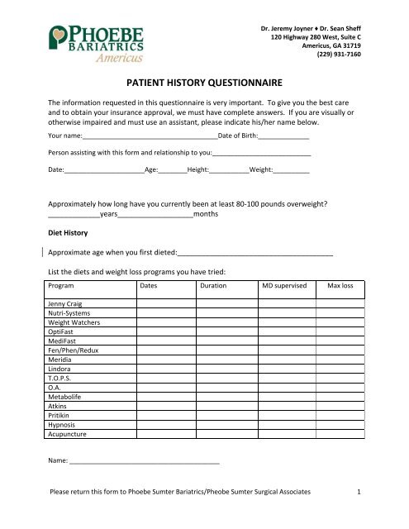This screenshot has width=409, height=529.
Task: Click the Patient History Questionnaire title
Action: pyautogui.click(x=204, y=83)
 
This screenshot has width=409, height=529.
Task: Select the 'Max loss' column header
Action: pyautogui.click(x=340, y=285)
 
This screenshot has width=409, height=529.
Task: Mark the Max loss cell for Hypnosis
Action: pyautogui.click(x=340, y=424)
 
